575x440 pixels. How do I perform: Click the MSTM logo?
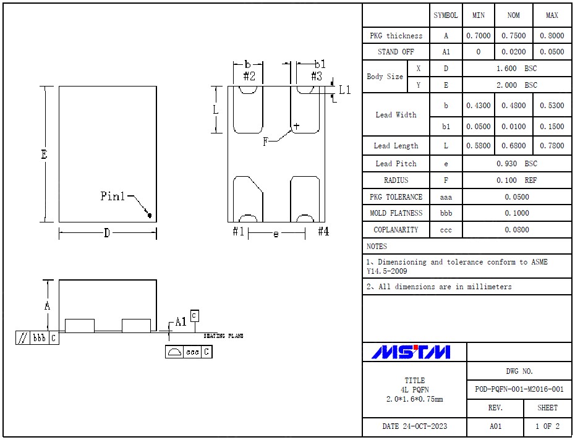(x=411, y=352)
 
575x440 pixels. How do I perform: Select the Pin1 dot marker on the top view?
(x=149, y=215)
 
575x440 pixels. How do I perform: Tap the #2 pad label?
(x=249, y=77)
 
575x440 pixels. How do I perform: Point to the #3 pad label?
(x=316, y=77)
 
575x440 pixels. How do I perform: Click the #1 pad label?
(x=239, y=232)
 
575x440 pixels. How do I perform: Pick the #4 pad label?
(x=323, y=232)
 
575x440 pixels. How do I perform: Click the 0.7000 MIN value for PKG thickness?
(x=478, y=36)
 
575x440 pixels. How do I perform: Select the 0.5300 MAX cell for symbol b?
(x=552, y=106)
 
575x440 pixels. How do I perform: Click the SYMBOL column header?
(x=446, y=15)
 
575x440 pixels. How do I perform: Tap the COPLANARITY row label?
(x=396, y=230)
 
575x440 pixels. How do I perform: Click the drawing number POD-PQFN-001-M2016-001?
(x=519, y=389)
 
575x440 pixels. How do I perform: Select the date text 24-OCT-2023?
(x=414, y=426)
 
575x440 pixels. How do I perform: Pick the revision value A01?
(x=495, y=426)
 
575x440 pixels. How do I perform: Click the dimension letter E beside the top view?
(x=45, y=154)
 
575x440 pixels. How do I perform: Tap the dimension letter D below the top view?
(x=106, y=233)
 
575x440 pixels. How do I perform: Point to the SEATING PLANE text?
(x=223, y=336)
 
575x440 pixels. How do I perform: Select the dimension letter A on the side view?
(x=48, y=305)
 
